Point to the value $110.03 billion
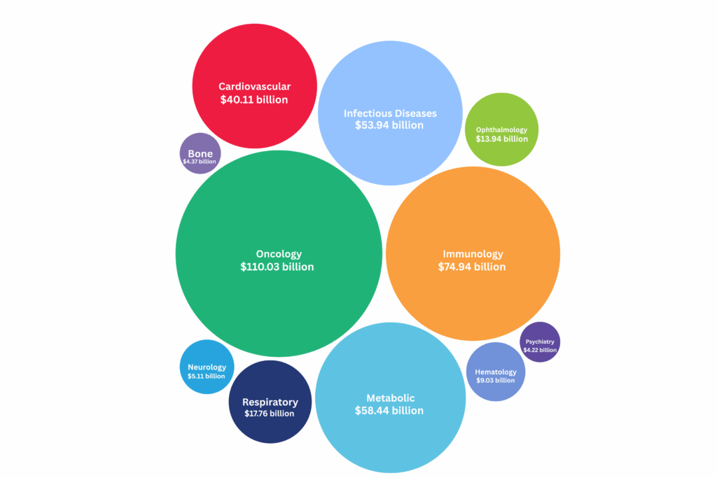(x=277, y=267)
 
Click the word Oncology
(x=279, y=254)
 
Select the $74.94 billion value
(x=472, y=267)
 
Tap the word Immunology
(x=473, y=254)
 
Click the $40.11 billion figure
(x=254, y=99)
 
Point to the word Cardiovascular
(x=254, y=87)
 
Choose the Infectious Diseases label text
(x=390, y=113)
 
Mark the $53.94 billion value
(x=389, y=125)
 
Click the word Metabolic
(x=390, y=398)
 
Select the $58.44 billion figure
(x=389, y=411)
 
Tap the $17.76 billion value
(x=270, y=414)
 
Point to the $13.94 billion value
(x=502, y=139)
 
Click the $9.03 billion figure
(x=496, y=381)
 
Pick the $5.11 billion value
(x=207, y=376)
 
